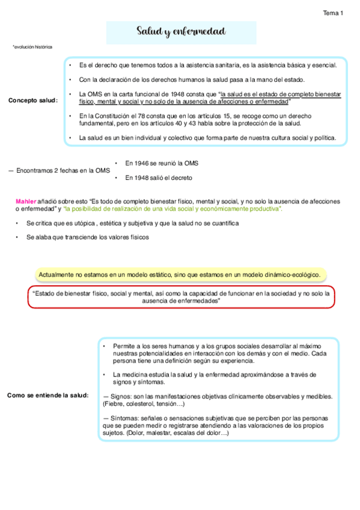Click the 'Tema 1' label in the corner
pos(333,12)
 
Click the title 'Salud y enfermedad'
pos(181,32)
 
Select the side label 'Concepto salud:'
pos(33,100)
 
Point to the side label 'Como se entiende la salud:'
pos(48,395)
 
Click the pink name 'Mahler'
pos(26,200)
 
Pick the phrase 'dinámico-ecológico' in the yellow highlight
pos(291,274)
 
